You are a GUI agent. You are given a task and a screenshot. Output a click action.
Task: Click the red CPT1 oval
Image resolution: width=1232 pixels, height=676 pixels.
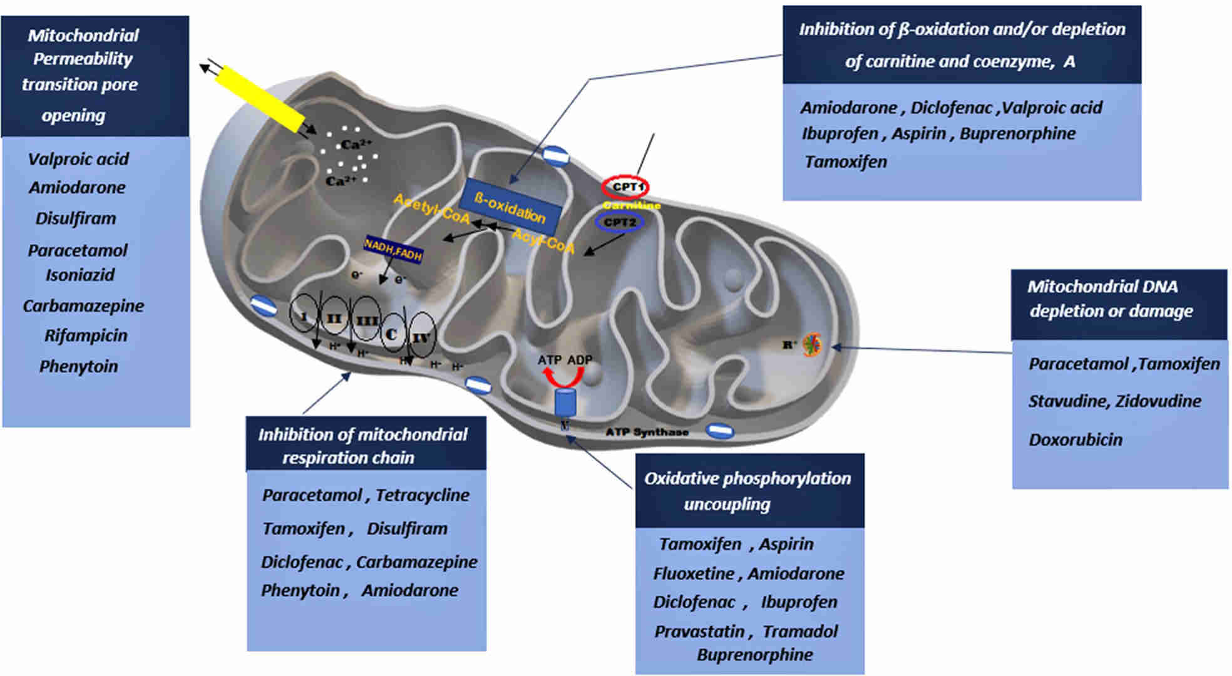click(x=625, y=187)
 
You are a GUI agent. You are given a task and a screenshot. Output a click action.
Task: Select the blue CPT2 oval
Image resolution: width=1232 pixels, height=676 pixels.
click(x=620, y=222)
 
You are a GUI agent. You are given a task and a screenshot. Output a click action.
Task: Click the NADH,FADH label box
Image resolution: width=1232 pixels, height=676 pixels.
click(x=393, y=248)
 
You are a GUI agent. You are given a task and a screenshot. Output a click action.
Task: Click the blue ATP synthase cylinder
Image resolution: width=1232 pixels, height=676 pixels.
click(x=565, y=402)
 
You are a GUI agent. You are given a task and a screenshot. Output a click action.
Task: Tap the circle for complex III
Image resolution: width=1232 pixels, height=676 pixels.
click(x=366, y=320)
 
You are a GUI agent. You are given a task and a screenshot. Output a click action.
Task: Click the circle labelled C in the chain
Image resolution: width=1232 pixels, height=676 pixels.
click(x=392, y=332)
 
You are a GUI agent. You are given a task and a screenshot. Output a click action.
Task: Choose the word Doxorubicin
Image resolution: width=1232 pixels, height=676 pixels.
click(x=1075, y=439)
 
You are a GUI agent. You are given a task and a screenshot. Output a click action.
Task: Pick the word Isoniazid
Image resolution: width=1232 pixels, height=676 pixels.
click(x=80, y=275)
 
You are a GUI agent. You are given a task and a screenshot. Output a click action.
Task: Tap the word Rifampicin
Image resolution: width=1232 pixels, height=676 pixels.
click(x=86, y=335)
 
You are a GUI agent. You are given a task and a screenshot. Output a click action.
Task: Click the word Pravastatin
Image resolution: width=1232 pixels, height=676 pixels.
click(x=699, y=631)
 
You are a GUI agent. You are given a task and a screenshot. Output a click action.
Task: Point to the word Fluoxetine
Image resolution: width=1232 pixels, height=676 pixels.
click(x=694, y=573)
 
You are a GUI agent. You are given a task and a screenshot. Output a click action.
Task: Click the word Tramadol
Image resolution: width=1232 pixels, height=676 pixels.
click(x=800, y=631)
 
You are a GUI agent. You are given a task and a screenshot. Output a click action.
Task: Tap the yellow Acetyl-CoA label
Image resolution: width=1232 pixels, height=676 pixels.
click(x=431, y=208)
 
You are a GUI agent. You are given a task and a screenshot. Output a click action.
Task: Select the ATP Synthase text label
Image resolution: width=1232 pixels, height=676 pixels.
click(x=647, y=432)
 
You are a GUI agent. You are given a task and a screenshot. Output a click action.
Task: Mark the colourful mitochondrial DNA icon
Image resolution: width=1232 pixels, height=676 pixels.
click(x=813, y=344)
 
